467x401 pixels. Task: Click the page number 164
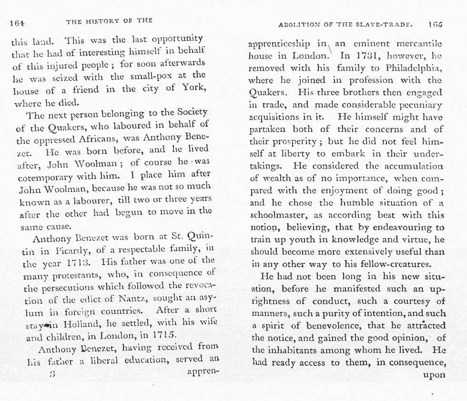pos(18,22)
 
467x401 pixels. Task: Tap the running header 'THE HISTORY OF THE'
pos(109,21)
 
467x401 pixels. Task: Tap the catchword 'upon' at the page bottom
pos(434,374)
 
